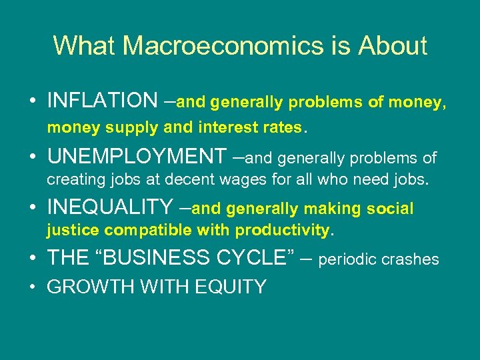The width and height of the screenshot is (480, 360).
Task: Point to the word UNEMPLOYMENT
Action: [137, 157]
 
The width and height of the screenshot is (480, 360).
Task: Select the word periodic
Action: [348, 260]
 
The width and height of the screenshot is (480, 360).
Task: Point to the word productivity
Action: [288, 231]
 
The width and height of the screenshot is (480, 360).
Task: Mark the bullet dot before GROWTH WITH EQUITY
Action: [33, 287]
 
